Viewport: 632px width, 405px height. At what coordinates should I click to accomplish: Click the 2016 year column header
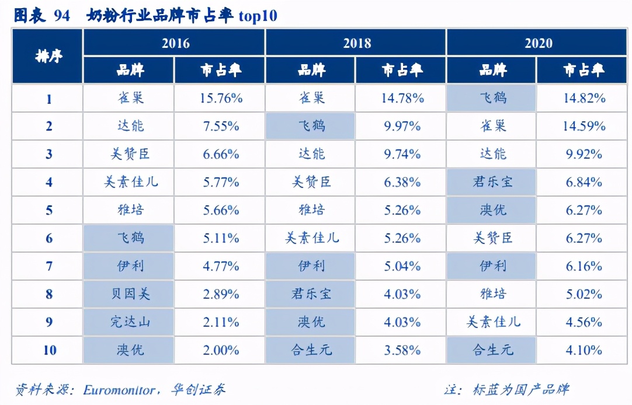pyautogui.click(x=175, y=43)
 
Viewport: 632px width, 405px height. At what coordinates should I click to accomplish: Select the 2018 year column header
pyautogui.click(x=357, y=43)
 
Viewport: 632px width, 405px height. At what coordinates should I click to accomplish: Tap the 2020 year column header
pyautogui.click(x=538, y=43)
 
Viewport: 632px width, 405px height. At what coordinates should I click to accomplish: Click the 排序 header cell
pyautogui.click(x=48, y=57)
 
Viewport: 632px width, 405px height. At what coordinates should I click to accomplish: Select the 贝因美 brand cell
pyautogui.click(x=129, y=294)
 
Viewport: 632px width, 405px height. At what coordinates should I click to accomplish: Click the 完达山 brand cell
pyautogui.click(x=129, y=322)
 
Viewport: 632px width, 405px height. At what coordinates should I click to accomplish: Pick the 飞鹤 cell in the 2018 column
pyautogui.click(x=311, y=126)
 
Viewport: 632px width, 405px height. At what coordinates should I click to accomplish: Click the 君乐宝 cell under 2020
pyautogui.click(x=492, y=182)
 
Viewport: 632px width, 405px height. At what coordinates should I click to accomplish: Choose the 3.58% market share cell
pyautogui.click(x=402, y=350)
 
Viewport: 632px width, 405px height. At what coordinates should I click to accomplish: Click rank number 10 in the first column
pyautogui.click(x=49, y=350)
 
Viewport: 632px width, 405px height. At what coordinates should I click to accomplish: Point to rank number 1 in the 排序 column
pyautogui.click(x=49, y=99)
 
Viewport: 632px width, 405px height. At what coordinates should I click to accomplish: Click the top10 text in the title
pyautogui.click(x=258, y=16)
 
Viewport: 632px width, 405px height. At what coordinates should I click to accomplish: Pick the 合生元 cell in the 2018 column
pyautogui.click(x=311, y=350)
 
